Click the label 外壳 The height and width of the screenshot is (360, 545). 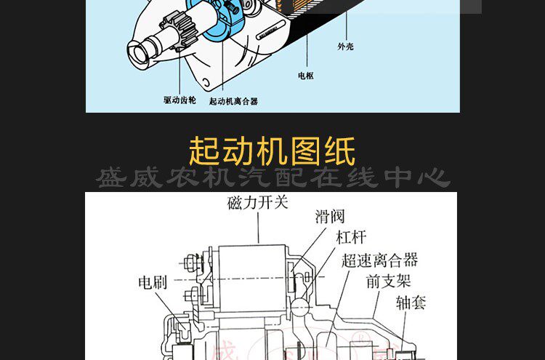pos(345,47)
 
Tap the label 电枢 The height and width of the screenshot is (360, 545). pos(305,76)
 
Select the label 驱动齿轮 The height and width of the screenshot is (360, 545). pos(179,100)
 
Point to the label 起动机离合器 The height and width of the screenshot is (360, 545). pos(233,102)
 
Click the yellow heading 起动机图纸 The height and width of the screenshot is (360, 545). pos(272,151)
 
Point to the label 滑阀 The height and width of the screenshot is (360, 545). pos(329,217)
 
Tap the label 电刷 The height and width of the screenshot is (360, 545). pos(153,282)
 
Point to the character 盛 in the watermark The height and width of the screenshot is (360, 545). pos(113,177)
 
